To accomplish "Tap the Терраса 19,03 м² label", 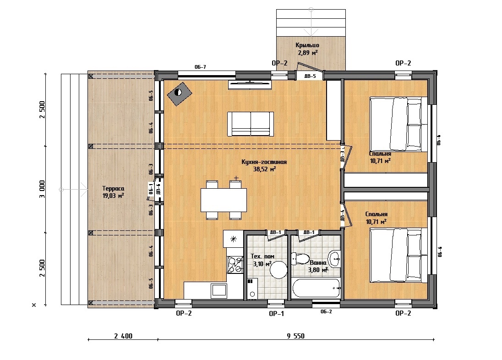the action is pyautogui.click(x=113, y=192).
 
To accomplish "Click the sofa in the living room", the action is pyautogui.click(x=251, y=124).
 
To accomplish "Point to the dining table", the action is pyautogui.click(x=224, y=200).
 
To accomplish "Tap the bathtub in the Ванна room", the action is pyautogui.click(x=316, y=288).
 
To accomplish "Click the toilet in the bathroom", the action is pyautogui.click(x=300, y=259).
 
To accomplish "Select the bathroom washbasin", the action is pyautogui.click(x=334, y=258).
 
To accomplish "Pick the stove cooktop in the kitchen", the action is pyautogui.click(x=235, y=265).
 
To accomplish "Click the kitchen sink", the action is pyautogui.click(x=219, y=290).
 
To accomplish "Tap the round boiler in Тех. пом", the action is pyautogui.click(x=278, y=270).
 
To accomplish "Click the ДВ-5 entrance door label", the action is pyautogui.click(x=310, y=76).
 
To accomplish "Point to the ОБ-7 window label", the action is pyautogui.click(x=200, y=67).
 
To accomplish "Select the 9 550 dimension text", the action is pyautogui.click(x=295, y=336).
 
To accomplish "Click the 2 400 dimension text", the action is pyautogui.click(x=123, y=336).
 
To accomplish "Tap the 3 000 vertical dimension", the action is pyautogui.click(x=42, y=189).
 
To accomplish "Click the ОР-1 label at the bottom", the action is pyautogui.click(x=277, y=314).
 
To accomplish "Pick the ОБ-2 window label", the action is pyautogui.click(x=326, y=311).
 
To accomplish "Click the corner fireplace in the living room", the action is pyautogui.click(x=179, y=93).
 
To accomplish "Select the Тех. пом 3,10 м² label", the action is pyautogui.click(x=262, y=260).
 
